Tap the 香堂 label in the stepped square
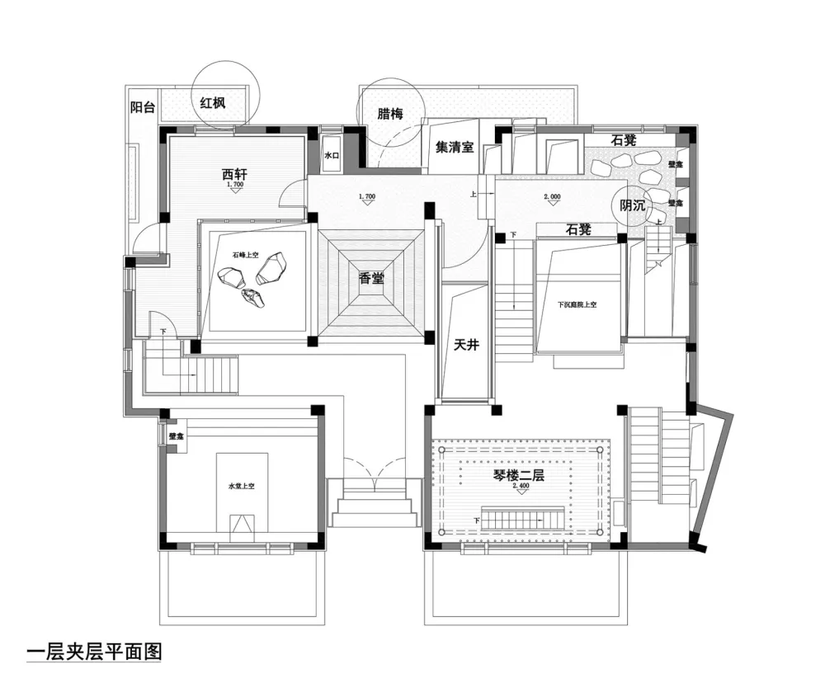371,278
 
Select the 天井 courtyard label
466,346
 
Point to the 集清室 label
455,148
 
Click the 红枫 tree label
213,103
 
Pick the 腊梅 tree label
390,115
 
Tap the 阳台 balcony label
142,106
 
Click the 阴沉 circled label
634,206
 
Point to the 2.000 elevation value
553,197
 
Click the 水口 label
332,155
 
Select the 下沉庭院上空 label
576,305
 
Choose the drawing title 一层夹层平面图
94,651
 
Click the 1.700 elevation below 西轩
234,186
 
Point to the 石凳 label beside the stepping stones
623,140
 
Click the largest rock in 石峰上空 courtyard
274,267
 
